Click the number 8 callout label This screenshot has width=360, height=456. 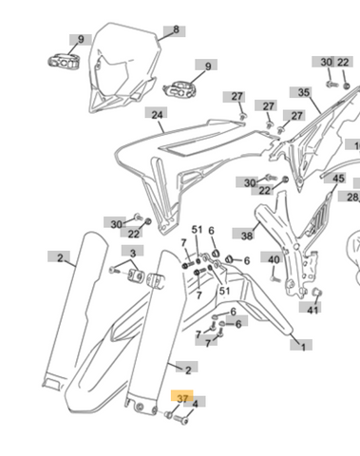coord(175,31)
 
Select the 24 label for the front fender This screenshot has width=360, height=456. coord(157,113)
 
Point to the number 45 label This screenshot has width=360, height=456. coord(336,179)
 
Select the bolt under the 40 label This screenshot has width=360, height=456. coord(275,279)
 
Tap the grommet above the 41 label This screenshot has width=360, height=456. coord(316,292)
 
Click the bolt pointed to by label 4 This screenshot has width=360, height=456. coord(180,419)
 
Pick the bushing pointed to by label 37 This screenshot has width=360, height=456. coord(169,414)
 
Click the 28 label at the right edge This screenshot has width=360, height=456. coord(350,197)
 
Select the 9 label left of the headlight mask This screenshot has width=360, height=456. coord(81,40)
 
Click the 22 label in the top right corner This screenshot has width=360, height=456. coord(344,62)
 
